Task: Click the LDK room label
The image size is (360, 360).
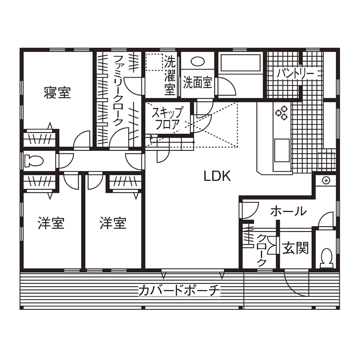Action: (217, 176)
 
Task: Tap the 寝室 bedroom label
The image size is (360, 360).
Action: (57, 93)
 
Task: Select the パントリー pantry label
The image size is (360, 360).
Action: (295, 74)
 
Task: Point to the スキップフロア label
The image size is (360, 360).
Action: (168, 118)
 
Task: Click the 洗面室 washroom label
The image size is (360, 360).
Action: (198, 83)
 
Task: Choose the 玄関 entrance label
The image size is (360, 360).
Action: (295, 248)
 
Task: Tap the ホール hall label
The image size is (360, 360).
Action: (288, 211)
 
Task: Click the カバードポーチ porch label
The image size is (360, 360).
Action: (179, 291)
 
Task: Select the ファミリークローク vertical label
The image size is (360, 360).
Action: (118, 90)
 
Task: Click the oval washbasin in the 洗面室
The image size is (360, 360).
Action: (198, 61)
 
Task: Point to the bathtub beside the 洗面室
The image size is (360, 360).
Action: (240, 63)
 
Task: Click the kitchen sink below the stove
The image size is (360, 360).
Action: (282, 150)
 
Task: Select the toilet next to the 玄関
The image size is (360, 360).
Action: (327, 258)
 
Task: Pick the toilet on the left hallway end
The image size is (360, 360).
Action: (33, 160)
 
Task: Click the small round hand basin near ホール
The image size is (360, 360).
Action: (326, 180)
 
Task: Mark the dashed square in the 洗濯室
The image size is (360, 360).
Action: (154, 62)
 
